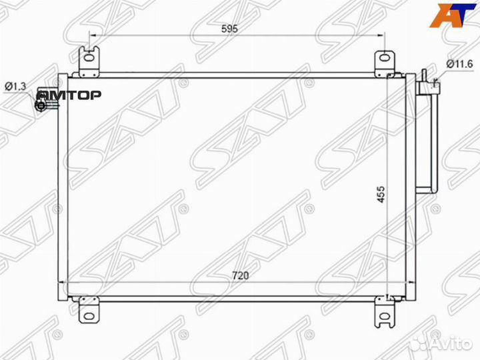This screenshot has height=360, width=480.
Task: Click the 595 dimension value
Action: point(229,29)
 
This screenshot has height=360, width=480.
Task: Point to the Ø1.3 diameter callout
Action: point(15,86)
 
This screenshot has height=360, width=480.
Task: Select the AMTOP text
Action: point(69,95)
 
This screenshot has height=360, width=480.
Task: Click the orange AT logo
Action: point(451,15)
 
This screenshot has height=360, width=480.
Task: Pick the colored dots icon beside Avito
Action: point(418,343)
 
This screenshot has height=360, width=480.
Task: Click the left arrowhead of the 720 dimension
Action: point(65,283)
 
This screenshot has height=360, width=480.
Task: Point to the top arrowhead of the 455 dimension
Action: point(389,77)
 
